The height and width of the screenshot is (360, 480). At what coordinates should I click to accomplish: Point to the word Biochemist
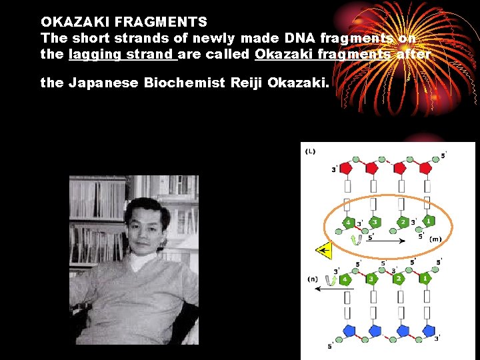[x=182, y=83]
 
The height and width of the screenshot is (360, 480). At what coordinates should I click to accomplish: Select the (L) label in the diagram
[x=310, y=151]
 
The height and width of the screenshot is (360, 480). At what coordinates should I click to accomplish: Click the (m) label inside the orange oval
[x=435, y=239]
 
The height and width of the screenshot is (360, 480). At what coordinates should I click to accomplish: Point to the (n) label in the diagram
[x=312, y=279]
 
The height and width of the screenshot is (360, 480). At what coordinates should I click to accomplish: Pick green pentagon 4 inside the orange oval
[x=347, y=222]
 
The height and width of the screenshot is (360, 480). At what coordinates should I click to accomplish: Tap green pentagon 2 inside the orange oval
[x=402, y=222]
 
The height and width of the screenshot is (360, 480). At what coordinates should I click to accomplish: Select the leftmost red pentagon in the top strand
[x=346, y=169]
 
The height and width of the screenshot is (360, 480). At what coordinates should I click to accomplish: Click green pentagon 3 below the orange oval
[x=371, y=279]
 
